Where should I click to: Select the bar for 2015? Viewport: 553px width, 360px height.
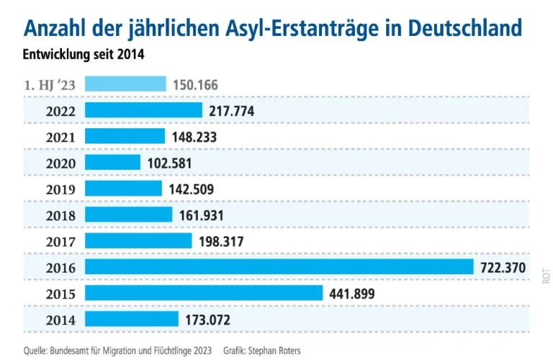pos(204,293)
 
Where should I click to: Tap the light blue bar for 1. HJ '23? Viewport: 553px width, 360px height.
pos(126,84)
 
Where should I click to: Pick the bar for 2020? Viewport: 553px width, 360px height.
pos(113,163)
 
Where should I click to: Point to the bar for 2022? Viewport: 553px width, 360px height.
pos(144,110)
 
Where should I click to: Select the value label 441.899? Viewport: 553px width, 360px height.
pos(351,293)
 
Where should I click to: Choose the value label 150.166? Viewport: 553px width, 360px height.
pos(195,85)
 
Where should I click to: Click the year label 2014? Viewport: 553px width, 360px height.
pos(60,320)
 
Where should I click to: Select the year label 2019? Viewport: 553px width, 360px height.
pos(60,189)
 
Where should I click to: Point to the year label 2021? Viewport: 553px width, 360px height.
pos(60,137)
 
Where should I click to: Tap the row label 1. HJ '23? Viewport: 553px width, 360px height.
pos(50,85)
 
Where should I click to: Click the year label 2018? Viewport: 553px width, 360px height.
pos(60,215)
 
